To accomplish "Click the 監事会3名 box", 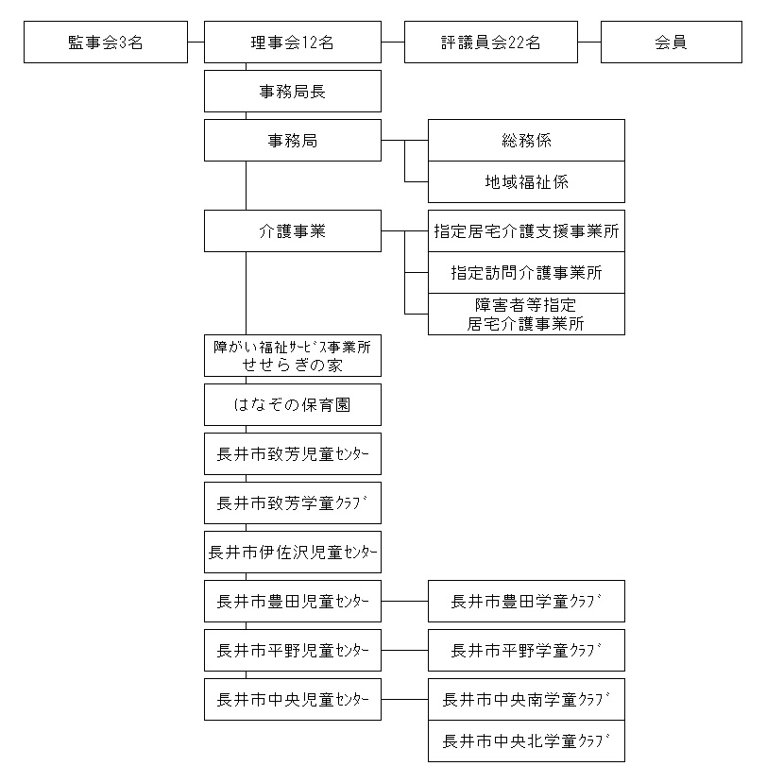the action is (106, 42).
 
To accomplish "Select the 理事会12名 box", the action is (293, 42).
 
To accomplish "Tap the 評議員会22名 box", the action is (491, 42).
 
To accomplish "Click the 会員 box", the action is (672, 42).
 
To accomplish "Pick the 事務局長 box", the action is (293, 91).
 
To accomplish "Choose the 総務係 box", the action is (526, 141).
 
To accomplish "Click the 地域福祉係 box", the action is (526, 181).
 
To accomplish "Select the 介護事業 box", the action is (293, 230).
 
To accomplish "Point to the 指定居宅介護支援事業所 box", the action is (526, 230).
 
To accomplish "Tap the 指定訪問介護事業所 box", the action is (526, 272).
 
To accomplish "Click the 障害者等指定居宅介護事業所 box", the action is (526, 314).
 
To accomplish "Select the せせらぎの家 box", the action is (293, 355).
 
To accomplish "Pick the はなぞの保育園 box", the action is (293, 404).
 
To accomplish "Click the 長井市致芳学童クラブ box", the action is (293, 502).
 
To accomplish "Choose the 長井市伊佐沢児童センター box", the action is (293, 552).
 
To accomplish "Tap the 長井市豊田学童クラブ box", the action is (526, 601).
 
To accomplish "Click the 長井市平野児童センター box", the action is (293, 650).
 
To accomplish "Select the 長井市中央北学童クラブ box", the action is (526, 740).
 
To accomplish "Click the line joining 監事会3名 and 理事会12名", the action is (196, 42).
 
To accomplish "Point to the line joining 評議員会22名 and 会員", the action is (589, 42).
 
